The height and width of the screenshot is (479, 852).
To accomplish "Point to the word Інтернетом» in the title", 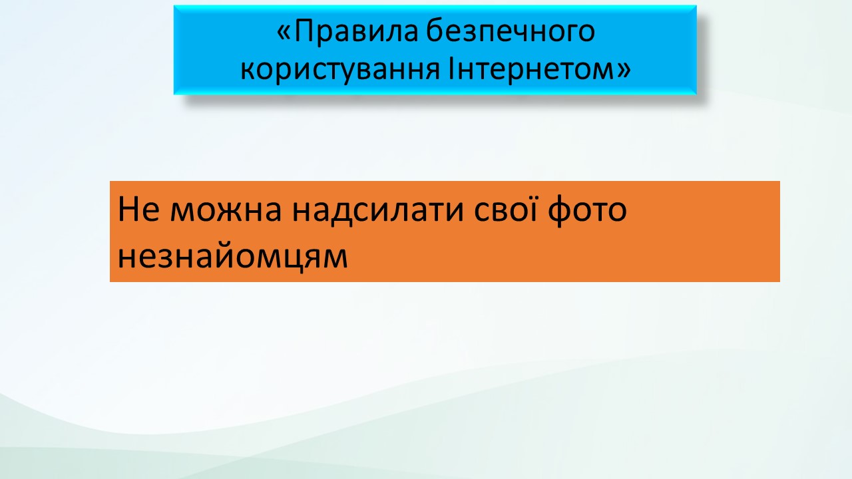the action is click(540, 69).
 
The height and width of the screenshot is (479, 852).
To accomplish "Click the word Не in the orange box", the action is click(138, 209).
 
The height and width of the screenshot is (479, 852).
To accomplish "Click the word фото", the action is click(587, 211).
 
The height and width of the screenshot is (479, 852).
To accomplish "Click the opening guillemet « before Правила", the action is click(284, 33).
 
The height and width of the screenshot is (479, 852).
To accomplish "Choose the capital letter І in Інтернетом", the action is click(451, 69).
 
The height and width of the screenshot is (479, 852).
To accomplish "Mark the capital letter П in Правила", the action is click(305, 31).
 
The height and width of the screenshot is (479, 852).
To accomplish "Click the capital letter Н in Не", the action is click(128, 209).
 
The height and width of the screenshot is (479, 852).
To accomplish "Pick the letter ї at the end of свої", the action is click(531, 209).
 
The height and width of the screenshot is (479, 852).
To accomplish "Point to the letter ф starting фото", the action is click(560, 212).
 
